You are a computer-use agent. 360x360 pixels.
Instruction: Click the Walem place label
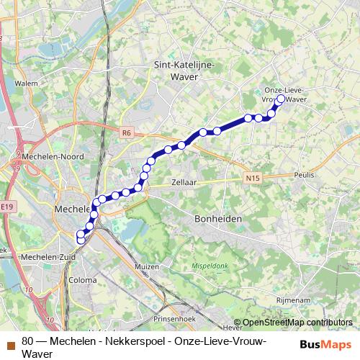point(25,83)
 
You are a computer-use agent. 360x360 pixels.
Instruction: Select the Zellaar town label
point(185,183)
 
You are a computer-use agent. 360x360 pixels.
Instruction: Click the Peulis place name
point(305,176)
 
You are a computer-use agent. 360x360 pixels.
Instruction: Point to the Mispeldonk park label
point(210,265)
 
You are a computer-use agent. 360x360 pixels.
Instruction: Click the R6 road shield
point(127,132)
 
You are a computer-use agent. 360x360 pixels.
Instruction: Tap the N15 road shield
point(251,178)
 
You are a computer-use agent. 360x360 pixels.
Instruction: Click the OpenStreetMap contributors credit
point(297,323)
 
